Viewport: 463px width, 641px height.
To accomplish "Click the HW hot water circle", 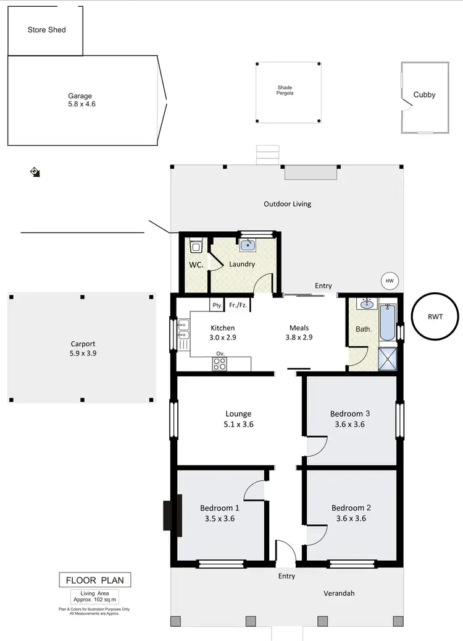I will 390,281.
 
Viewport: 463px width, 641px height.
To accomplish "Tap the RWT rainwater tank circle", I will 435,316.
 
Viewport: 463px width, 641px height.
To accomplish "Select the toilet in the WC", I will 196,247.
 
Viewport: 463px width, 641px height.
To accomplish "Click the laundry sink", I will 248,245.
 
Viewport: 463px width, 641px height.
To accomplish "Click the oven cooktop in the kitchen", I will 220,364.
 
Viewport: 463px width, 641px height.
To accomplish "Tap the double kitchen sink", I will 183,329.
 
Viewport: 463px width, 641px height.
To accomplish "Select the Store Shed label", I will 46,30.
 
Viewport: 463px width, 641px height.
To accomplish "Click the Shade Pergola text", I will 285,91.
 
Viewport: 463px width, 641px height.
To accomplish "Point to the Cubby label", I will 424,95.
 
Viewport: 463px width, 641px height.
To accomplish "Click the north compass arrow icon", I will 35,171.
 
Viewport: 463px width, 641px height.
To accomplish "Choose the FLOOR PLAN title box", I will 94,580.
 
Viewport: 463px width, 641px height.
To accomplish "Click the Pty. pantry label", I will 217,305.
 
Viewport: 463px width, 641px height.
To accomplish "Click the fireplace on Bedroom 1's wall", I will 167,515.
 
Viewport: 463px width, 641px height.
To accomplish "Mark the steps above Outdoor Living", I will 268,155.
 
